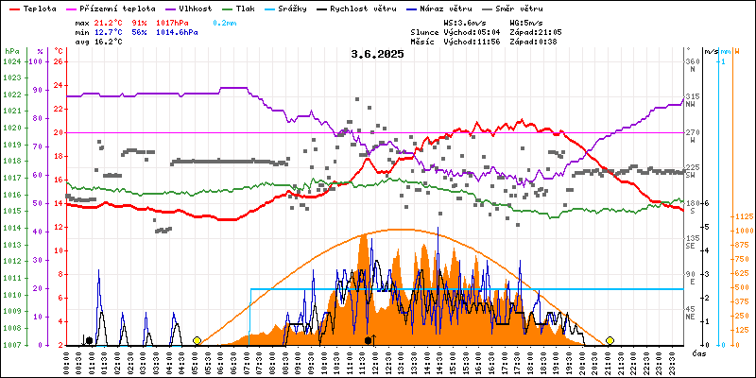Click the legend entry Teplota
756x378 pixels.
(40, 8)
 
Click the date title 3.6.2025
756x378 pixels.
(377, 55)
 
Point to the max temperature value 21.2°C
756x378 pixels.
(108, 21)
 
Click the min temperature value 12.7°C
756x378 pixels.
(108, 31)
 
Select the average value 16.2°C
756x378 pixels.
(108, 42)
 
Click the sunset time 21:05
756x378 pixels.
(549, 31)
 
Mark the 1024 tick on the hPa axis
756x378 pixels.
(11, 61)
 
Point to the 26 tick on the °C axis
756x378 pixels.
(58, 61)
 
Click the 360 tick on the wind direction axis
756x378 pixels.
(691, 61)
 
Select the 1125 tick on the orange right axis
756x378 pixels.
(742, 216)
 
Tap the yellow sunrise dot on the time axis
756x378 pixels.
(197, 340)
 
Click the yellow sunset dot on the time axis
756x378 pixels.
(610, 340)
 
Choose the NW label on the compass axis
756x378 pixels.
(691, 105)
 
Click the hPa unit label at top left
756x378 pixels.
(11, 50)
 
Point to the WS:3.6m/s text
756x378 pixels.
(464, 21)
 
